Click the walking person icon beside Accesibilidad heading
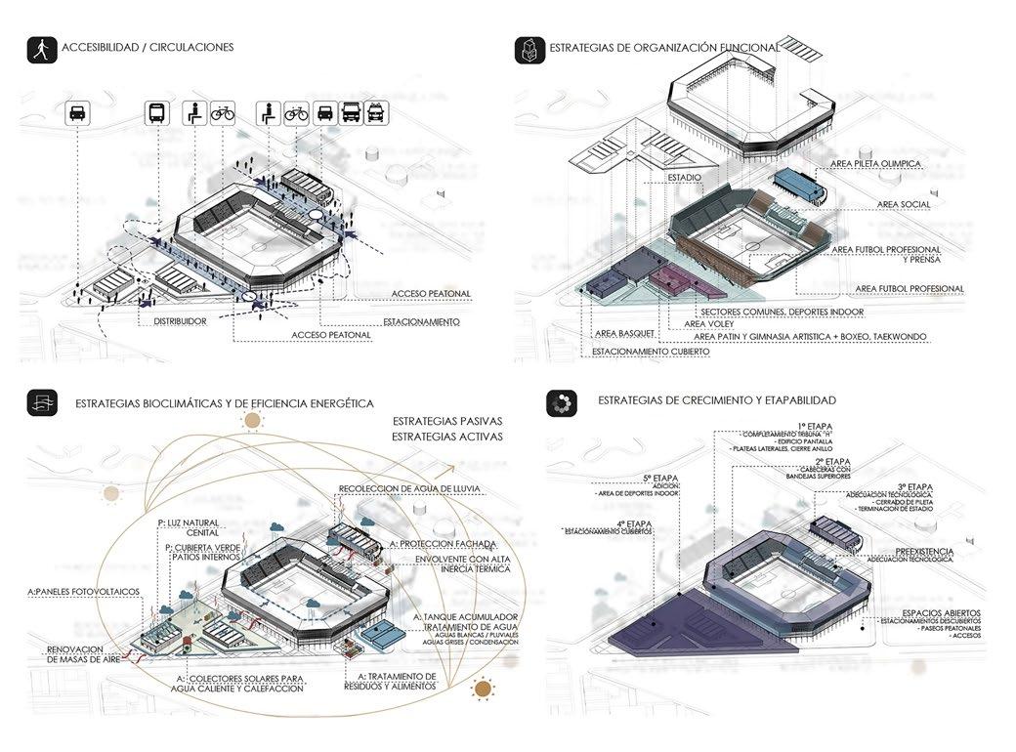40,50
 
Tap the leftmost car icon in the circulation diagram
79,113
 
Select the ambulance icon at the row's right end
376,112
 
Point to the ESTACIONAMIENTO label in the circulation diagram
421,321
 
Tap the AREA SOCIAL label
904,204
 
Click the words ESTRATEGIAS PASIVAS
446,421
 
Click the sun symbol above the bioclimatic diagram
253,422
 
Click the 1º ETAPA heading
819,426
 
